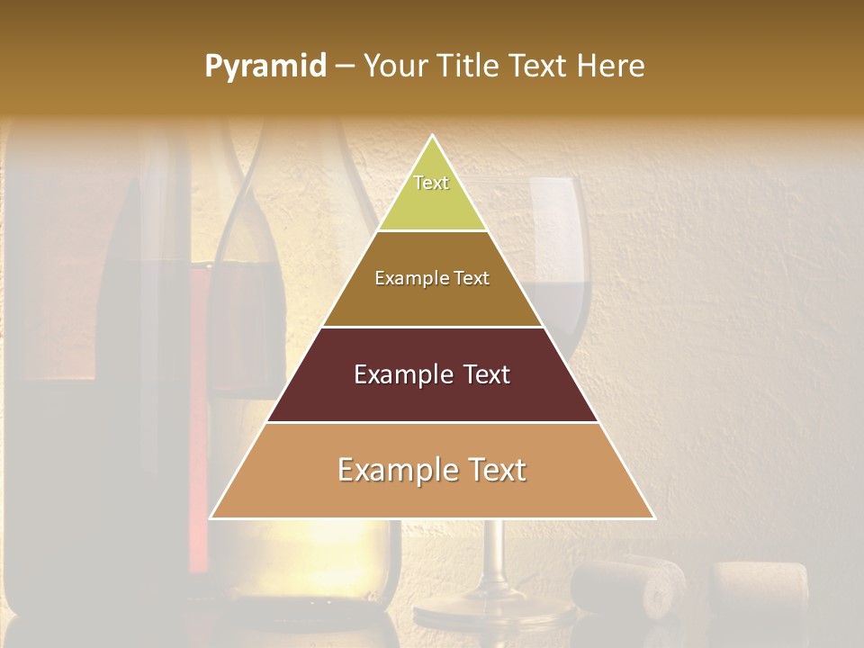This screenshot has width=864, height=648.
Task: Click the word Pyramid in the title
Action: [x=265, y=67]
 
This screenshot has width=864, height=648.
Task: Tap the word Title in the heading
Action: [x=471, y=67]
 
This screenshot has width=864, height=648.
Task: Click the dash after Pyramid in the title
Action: [x=345, y=67]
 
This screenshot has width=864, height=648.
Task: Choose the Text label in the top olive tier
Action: [x=431, y=183]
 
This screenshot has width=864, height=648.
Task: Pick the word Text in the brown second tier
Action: [x=472, y=278]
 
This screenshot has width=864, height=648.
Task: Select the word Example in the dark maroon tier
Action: [x=400, y=374]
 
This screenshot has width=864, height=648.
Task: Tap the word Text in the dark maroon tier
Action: [x=486, y=374]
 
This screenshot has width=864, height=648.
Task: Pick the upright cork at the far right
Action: [x=760, y=589]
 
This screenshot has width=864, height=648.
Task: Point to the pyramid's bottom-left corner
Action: [x=211, y=517]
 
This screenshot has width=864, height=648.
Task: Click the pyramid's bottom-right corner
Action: [x=654, y=517]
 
